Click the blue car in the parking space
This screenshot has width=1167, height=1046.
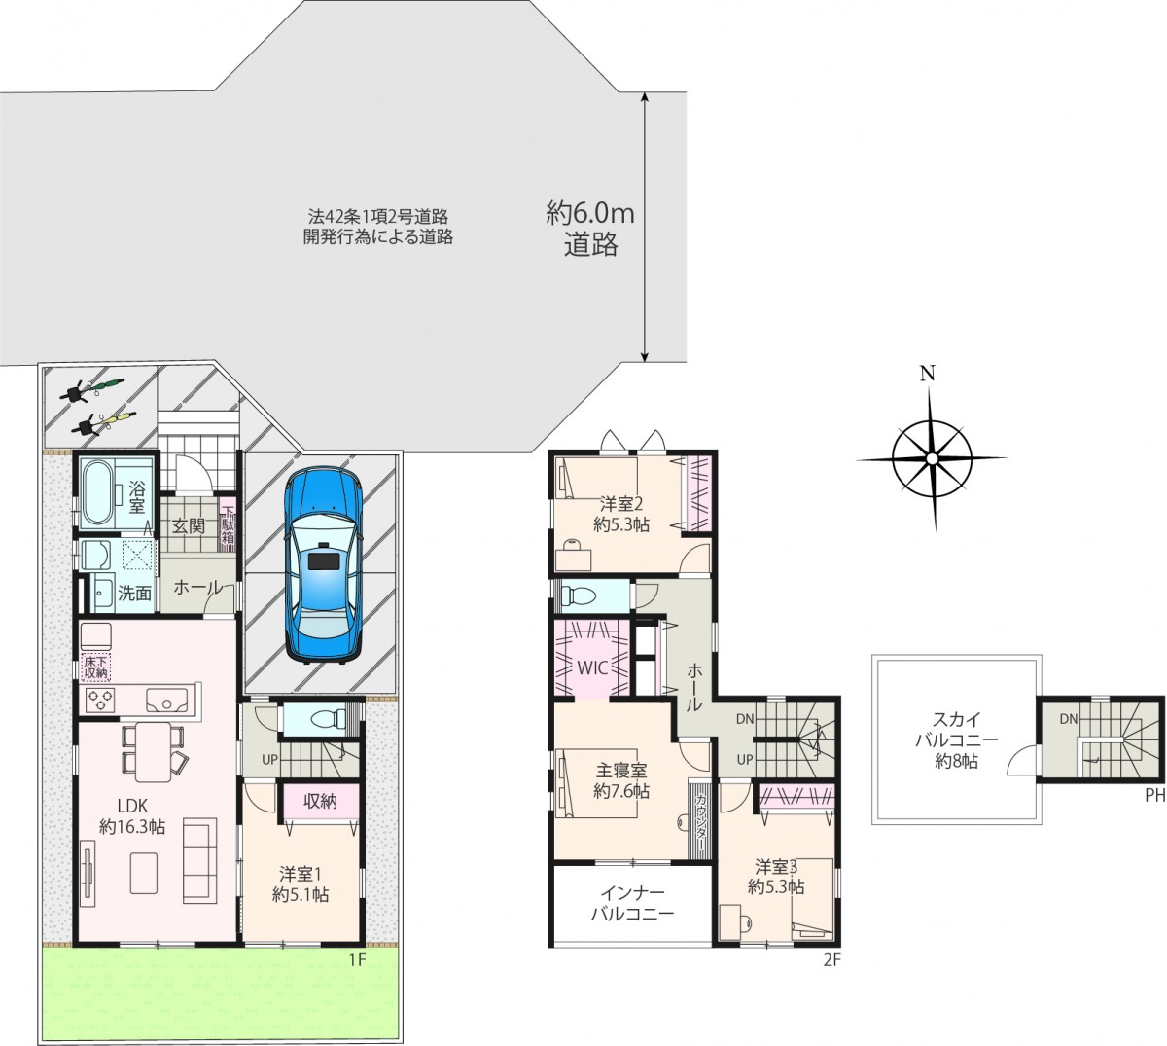pyautogui.click(x=324, y=564)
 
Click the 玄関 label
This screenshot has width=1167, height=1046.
pyautogui.click(x=189, y=525)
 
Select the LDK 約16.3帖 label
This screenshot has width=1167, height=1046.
pyautogui.click(x=132, y=816)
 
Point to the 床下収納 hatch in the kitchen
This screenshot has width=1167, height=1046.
pyautogui.click(x=95, y=667)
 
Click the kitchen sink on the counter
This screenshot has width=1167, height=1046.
pyautogui.click(x=167, y=702)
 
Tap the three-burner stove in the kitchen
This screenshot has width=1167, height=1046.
pyautogui.click(x=99, y=701)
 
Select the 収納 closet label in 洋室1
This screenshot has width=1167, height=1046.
pyautogui.click(x=320, y=801)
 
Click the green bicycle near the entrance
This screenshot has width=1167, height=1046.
pyautogui.click(x=93, y=388)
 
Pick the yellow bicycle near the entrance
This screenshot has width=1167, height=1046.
pyautogui.click(x=104, y=422)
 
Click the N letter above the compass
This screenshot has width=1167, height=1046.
pyautogui.click(x=927, y=374)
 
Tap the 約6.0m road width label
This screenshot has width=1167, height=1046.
pyautogui.click(x=590, y=214)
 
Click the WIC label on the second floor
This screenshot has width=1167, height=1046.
pyautogui.click(x=592, y=667)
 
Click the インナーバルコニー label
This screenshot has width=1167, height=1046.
pyautogui.click(x=632, y=903)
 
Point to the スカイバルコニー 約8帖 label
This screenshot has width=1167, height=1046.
pyautogui.click(x=956, y=740)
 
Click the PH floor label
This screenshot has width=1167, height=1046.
pyautogui.click(x=1155, y=796)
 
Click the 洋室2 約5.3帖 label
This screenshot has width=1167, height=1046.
pyautogui.click(x=621, y=514)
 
